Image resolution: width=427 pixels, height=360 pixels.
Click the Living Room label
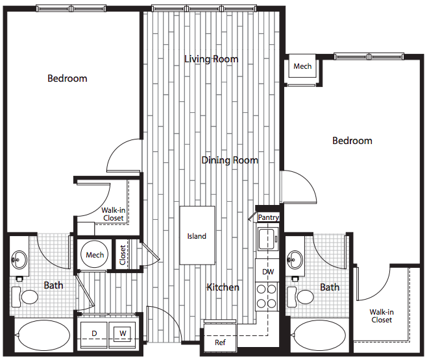[x=212, y=59]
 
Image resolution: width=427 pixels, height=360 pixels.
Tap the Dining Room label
[x=230, y=160]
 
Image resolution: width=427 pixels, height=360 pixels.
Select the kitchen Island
[x=197, y=235]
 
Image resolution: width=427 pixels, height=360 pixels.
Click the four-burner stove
[x=267, y=296]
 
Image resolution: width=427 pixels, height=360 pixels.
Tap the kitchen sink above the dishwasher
[x=268, y=239]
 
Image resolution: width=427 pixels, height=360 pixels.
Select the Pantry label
[x=269, y=217]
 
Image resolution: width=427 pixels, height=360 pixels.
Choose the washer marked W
[x=122, y=335]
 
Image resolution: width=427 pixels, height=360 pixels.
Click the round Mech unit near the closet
[x=95, y=255]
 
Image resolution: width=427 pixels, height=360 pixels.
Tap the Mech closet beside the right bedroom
[x=302, y=69]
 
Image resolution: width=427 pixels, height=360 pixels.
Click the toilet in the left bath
[x=25, y=297]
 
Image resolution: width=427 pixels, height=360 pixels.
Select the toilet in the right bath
[x=300, y=297]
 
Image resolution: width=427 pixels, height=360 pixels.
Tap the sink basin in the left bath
[x=19, y=259]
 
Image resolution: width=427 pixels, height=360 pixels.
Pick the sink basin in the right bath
[x=295, y=259]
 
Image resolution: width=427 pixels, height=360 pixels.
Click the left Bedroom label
[x=67, y=78]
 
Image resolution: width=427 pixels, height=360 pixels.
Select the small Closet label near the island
[x=123, y=255]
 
